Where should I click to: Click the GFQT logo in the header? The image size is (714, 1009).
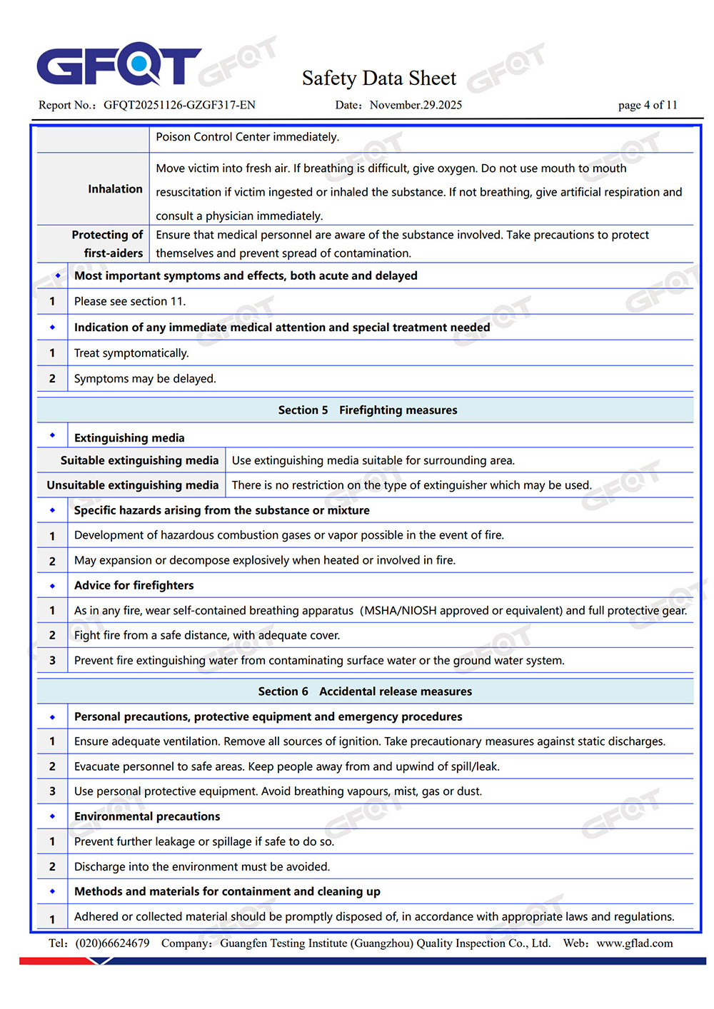click(119, 64)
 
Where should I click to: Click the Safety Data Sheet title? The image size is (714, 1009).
click(378, 78)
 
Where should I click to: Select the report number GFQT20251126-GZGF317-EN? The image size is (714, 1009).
click(179, 105)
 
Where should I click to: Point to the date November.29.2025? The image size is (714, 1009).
click(416, 105)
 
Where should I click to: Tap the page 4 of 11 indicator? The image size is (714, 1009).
click(647, 105)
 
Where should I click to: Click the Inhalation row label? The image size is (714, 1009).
click(115, 189)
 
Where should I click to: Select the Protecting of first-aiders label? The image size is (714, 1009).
click(107, 244)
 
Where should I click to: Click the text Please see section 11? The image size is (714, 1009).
click(130, 301)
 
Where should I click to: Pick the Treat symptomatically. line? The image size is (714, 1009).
click(131, 353)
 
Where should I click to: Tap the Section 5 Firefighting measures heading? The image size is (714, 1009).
click(367, 410)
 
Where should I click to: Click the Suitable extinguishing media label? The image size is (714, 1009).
click(139, 461)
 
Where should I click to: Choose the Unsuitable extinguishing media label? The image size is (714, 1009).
click(133, 485)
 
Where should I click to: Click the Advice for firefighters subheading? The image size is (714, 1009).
click(134, 586)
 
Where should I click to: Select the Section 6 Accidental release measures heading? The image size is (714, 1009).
click(365, 691)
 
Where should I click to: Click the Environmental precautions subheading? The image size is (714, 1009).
click(147, 816)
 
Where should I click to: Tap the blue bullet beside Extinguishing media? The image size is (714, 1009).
click(52, 435)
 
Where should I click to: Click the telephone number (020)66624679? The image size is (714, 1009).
click(112, 943)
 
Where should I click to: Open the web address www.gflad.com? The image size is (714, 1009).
click(634, 943)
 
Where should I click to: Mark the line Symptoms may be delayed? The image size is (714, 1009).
click(145, 379)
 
